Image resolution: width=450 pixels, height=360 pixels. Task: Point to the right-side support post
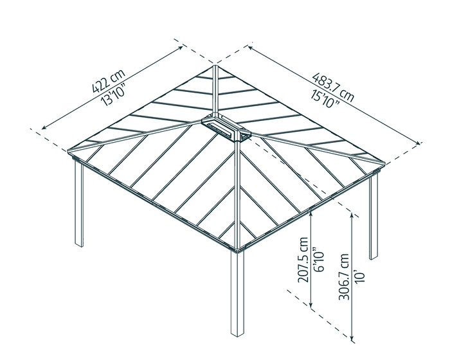[373, 215]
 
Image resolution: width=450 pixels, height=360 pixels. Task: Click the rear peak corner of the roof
[215, 66]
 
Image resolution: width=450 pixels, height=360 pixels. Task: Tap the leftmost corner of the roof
[69, 152]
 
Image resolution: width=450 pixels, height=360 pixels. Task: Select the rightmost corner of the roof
[384, 166]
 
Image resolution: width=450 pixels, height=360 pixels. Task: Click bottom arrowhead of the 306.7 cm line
[353, 337]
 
